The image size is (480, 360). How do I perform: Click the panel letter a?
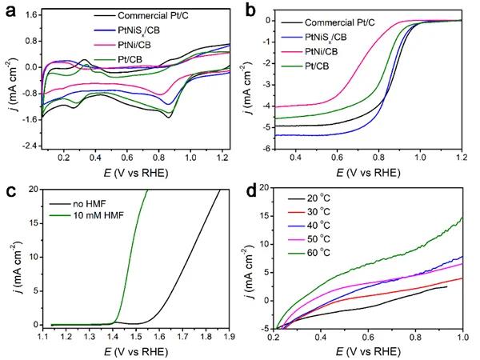click(8, 10)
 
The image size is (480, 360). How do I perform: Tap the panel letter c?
click(8, 192)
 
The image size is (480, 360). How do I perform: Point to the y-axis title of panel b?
click(258, 80)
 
